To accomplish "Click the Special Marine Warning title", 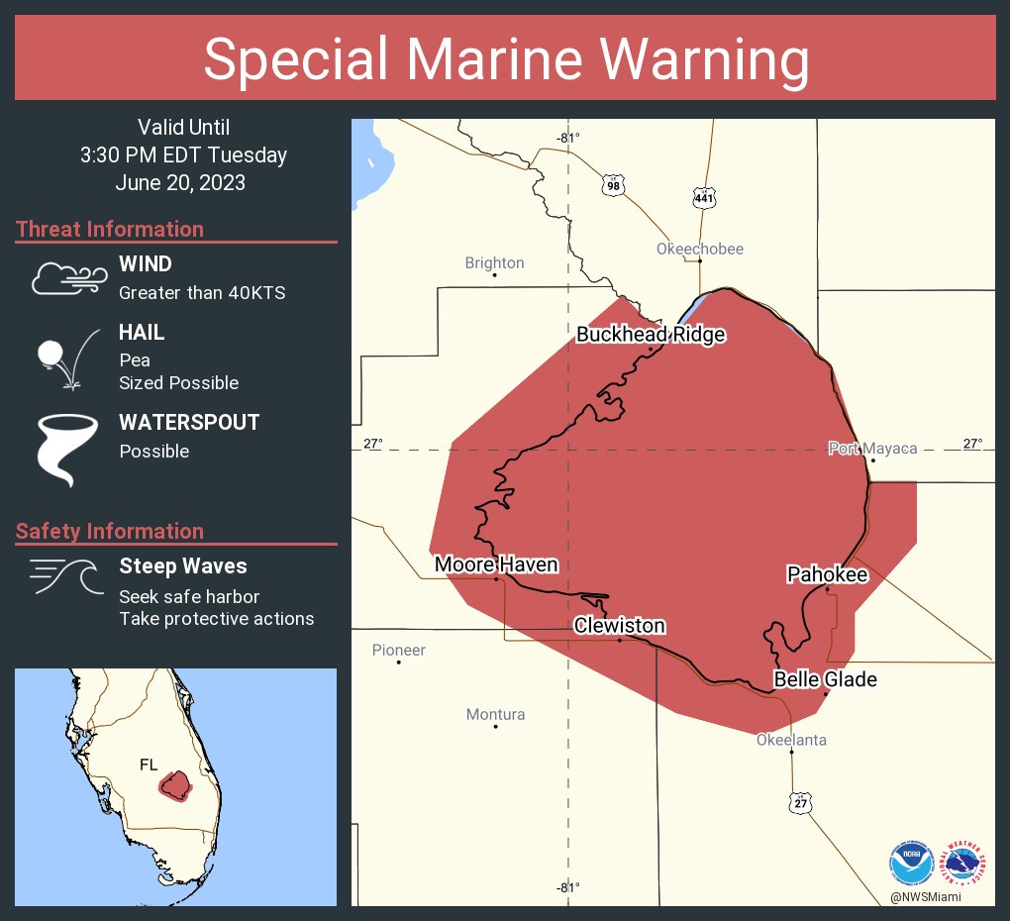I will click(505, 59).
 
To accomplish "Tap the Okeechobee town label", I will click(699, 249).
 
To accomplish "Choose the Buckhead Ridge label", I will click(651, 335).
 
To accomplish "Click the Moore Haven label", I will click(496, 564).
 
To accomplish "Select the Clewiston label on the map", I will click(620, 626).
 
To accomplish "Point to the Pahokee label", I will click(827, 574).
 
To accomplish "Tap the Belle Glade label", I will click(825, 679).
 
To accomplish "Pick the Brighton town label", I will click(494, 262).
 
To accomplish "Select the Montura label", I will click(495, 714).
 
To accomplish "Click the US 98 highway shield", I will click(614, 185).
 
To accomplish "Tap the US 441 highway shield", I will click(704, 198).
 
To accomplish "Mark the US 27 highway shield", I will click(800, 802).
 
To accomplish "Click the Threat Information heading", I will click(110, 229).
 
